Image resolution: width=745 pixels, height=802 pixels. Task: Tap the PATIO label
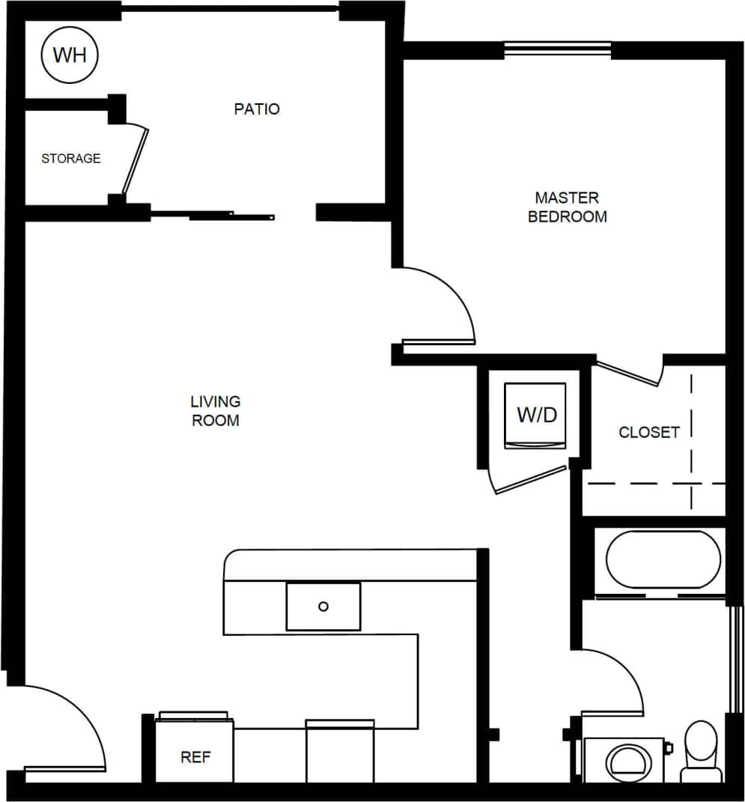(x=257, y=109)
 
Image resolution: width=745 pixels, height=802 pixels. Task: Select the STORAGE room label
(x=70, y=159)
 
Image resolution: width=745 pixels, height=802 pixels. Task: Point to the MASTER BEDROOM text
(x=567, y=207)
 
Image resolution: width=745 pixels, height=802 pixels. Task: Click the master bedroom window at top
(x=557, y=50)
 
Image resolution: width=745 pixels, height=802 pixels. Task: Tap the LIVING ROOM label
(x=216, y=411)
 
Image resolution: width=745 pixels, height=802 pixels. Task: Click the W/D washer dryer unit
(x=536, y=416)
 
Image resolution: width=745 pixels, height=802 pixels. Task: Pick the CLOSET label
(x=648, y=432)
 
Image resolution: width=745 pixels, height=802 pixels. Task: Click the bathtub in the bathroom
(x=663, y=559)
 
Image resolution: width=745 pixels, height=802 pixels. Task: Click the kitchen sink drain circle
(x=323, y=607)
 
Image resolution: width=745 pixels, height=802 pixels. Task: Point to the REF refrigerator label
(x=195, y=758)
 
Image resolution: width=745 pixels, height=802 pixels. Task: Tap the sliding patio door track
(x=213, y=216)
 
